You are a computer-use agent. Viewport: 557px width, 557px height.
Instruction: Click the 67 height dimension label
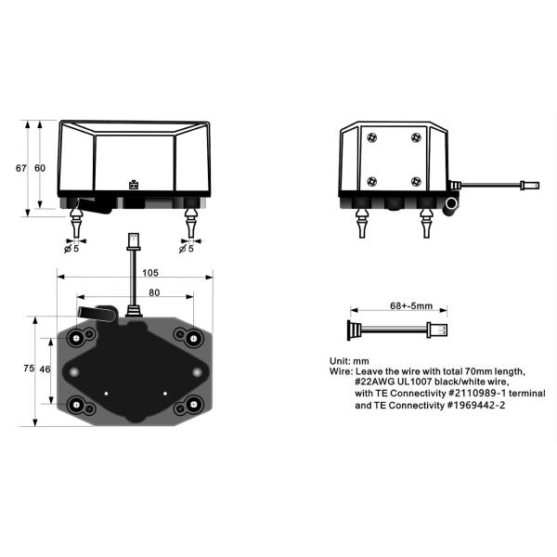click(x=21, y=168)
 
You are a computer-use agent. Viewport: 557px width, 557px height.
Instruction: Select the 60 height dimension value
click(x=40, y=168)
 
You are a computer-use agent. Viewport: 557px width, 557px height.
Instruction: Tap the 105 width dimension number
click(x=149, y=273)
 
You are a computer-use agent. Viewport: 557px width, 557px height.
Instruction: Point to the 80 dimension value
click(x=154, y=292)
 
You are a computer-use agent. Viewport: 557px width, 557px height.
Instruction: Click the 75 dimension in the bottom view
click(x=29, y=369)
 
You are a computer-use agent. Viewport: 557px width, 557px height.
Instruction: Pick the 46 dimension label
click(x=45, y=369)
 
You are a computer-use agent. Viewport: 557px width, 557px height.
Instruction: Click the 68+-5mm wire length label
click(x=411, y=305)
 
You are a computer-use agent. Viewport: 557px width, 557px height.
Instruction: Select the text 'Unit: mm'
click(x=349, y=361)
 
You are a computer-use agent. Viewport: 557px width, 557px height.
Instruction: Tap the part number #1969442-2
click(x=475, y=406)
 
